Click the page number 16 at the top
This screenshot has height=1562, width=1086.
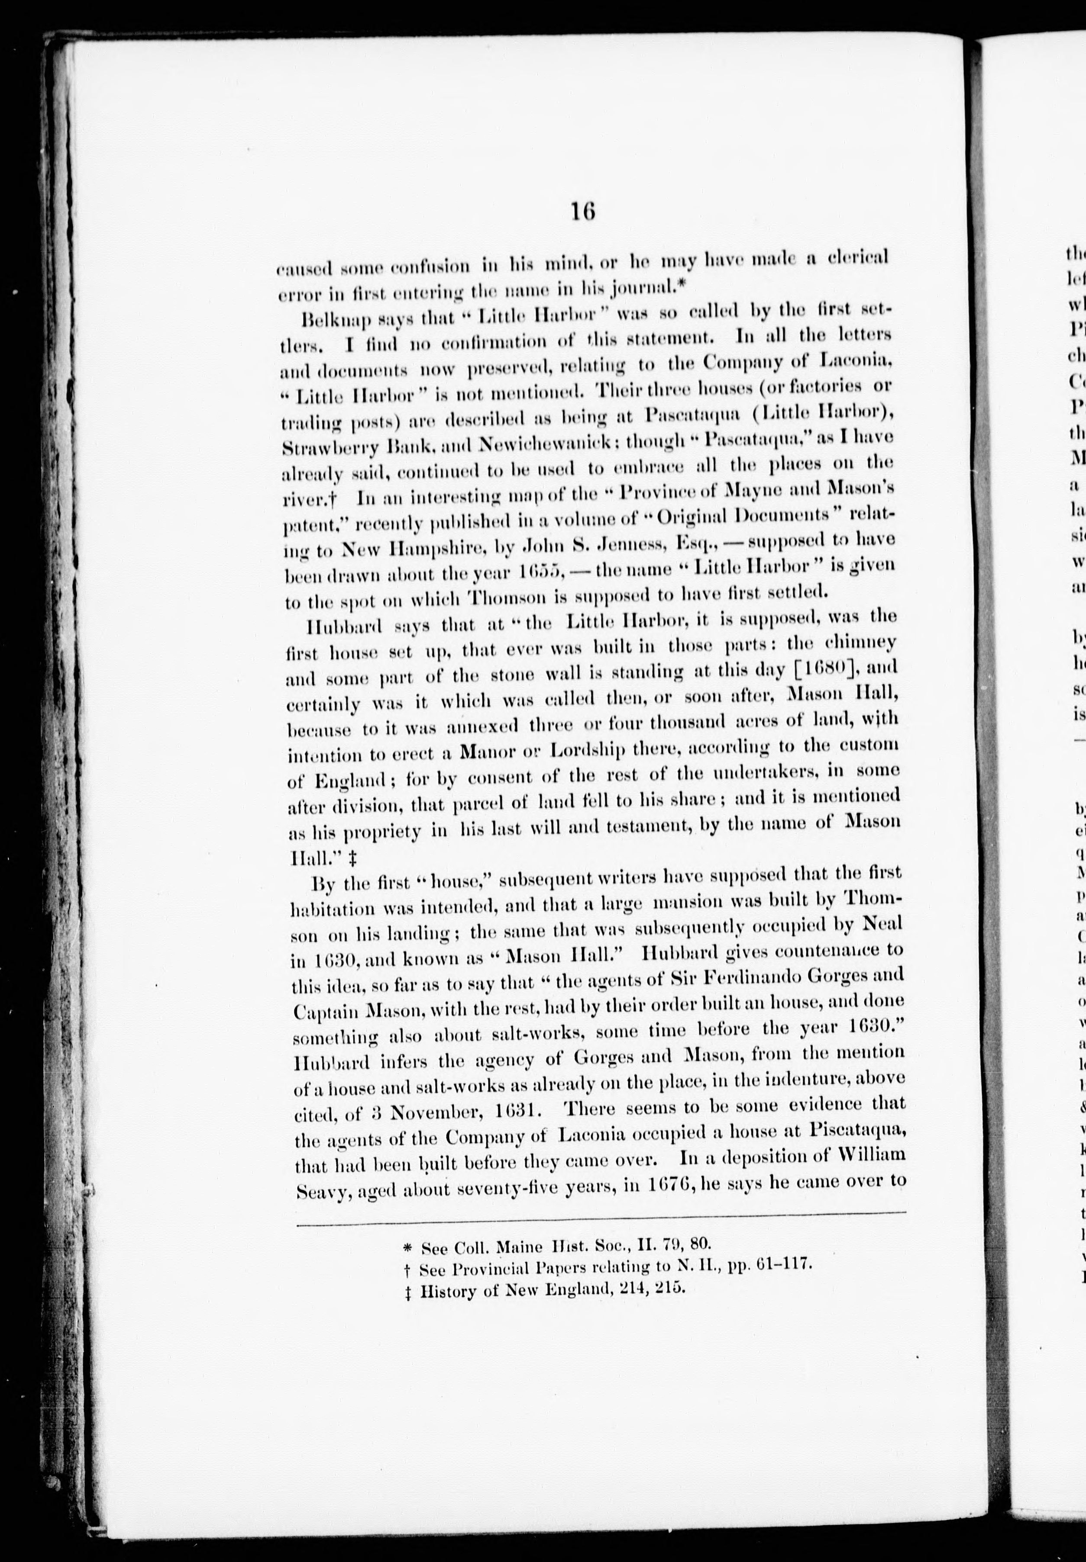point(583,212)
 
